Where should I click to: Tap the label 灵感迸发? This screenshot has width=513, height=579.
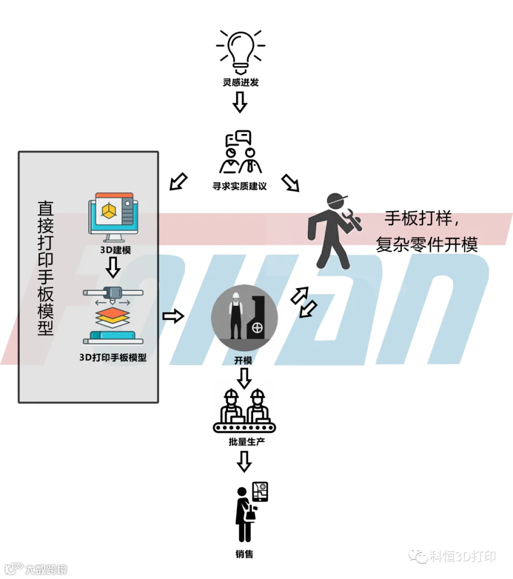[241, 82]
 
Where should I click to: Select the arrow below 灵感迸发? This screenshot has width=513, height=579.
[240, 102]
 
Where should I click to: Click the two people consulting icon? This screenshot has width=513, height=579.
[241, 152]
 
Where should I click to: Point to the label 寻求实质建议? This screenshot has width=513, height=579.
[239, 186]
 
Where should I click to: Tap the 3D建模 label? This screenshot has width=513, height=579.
[116, 250]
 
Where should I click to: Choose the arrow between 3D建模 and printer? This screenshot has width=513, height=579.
[113, 267]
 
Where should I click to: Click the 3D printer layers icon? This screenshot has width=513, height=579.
[113, 315]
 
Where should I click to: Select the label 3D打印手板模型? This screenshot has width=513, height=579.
[113, 358]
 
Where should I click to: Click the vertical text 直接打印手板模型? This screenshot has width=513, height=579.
[46, 268]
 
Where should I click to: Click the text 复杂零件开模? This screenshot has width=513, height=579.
[426, 245]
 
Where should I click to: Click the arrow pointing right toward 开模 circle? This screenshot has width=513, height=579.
[173, 316]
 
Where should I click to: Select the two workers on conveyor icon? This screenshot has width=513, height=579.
[245, 411]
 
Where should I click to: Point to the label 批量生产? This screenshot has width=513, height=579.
[247, 442]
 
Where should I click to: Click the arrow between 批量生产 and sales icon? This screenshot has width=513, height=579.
[245, 461]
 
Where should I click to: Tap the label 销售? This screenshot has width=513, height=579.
[245, 554]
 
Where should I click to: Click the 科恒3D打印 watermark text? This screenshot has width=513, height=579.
[462, 556]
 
